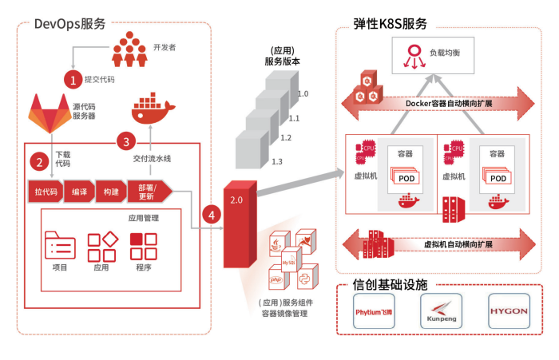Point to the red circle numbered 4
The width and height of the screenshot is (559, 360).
[x=211, y=214]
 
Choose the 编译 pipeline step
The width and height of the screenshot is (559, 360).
[x=79, y=192]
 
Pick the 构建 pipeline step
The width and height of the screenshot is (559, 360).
[x=111, y=192]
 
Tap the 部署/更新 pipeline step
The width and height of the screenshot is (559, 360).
[x=149, y=192]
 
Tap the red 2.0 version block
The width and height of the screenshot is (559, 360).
[x=239, y=224]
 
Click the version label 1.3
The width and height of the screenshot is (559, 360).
[x=277, y=162]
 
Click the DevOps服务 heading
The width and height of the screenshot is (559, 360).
[x=70, y=23]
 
